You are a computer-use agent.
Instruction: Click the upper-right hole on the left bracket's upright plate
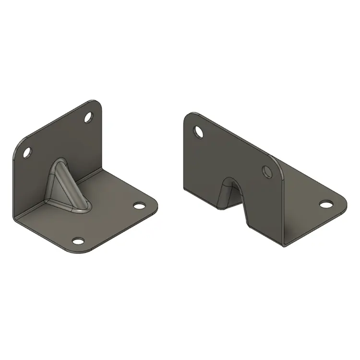pos(89,116)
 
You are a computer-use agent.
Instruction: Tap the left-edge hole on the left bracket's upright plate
pos(27,153)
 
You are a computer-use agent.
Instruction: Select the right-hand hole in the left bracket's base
pos(139,205)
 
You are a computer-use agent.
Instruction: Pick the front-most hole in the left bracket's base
pos(78,240)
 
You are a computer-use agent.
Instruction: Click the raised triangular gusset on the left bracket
pos(65,185)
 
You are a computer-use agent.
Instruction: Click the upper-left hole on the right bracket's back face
pos(197,130)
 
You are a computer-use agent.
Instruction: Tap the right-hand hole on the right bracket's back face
pos(267,171)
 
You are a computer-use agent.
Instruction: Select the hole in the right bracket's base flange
pos(326,204)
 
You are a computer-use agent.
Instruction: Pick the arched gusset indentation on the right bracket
pos(229,192)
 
